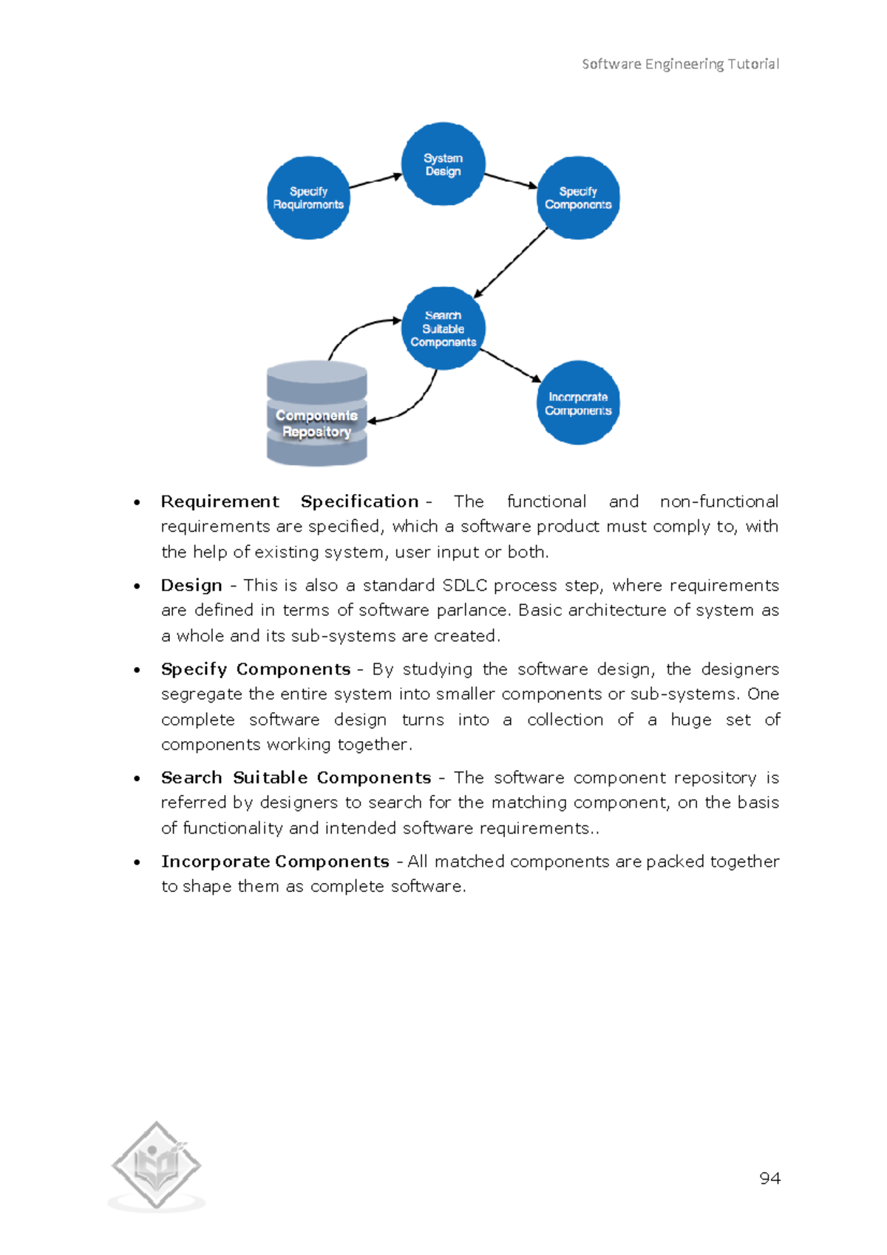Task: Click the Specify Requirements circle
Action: click(x=308, y=198)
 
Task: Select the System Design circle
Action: click(x=443, y=164)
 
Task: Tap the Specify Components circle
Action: click(x=578, y=198)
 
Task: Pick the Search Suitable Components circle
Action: click(x=443, y=328)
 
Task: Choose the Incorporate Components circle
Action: click(x=578, y=403)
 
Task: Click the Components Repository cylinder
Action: click(x=316, y=414)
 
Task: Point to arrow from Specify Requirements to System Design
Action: click(x=375, y=180)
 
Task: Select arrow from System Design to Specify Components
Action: click(x=510, y=180)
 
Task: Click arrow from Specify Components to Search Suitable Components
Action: click(x=511, y=263)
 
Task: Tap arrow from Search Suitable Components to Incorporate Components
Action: click(x=511, y=366)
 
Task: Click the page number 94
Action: click(x=769, y=1178)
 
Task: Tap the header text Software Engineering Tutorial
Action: click(x=680, y=64)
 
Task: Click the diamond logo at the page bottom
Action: click(x=156, y=1166)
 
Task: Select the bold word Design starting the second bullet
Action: click(x=191, y=586)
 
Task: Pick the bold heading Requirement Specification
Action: click(x=290, y=501)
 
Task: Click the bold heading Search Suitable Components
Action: click(x=296, y=778)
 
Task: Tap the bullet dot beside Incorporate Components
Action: click(x=137, y=862)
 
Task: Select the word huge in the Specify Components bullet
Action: click(x=690, y=720)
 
